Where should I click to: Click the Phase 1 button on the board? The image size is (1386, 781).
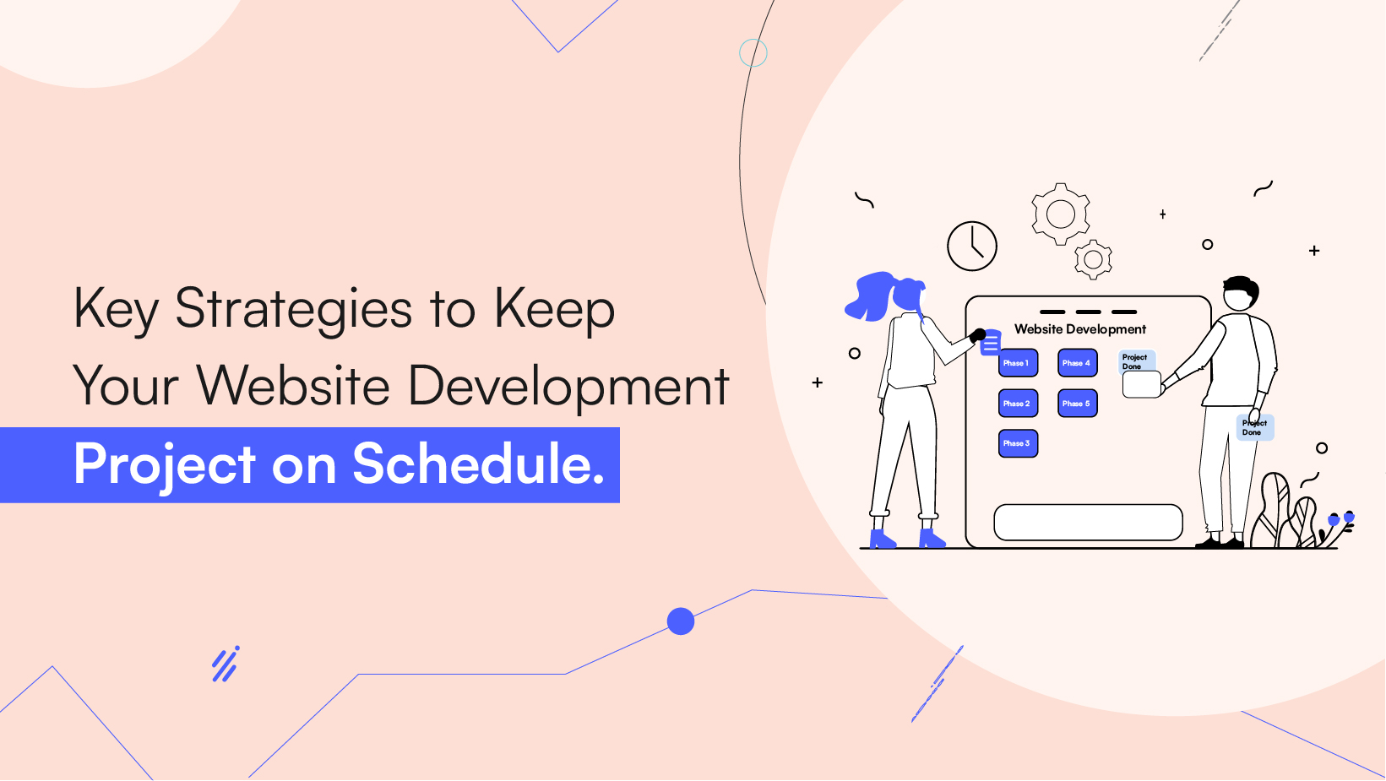pyautogui.click(x=1018, y=363)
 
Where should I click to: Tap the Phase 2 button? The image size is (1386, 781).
pyautogui.click(x=1018, y=404)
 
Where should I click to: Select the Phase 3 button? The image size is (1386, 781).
pyautogui.click(x=1018, y=443)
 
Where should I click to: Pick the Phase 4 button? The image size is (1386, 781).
pyautogui.click(x=1077, y=363)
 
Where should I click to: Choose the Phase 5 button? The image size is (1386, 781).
pyautogui.click(x=1077, y=404)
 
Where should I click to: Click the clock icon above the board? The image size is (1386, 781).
pyautogui.click(x=972, y=247)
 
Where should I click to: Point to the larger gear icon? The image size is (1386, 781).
pyautogui.click(x=1061, y=214)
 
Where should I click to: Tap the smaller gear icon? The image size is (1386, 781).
pyautogui.click(x=1093, y=260)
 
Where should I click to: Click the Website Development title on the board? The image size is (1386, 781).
pyautogui.click(x=1080, y=329)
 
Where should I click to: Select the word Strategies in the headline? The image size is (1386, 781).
pyautogui.click(x=293, y=310)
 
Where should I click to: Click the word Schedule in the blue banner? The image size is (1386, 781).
pyautogui.click(x=478, y=464)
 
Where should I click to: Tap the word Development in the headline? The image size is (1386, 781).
pyautogui.click(x=568, y=387)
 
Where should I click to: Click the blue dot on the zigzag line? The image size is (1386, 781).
pyautogui.click(x=681, y=621)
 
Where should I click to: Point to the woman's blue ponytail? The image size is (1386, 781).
pyautogui.click(x=870, y=296)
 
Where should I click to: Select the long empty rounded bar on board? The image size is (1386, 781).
pyautogui.click(x=1088, y=522)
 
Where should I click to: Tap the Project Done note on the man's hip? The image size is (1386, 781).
pyautogui.click(x=1255, y=428)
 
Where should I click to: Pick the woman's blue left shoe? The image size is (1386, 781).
pyautogui.click(x=881, y=539)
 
